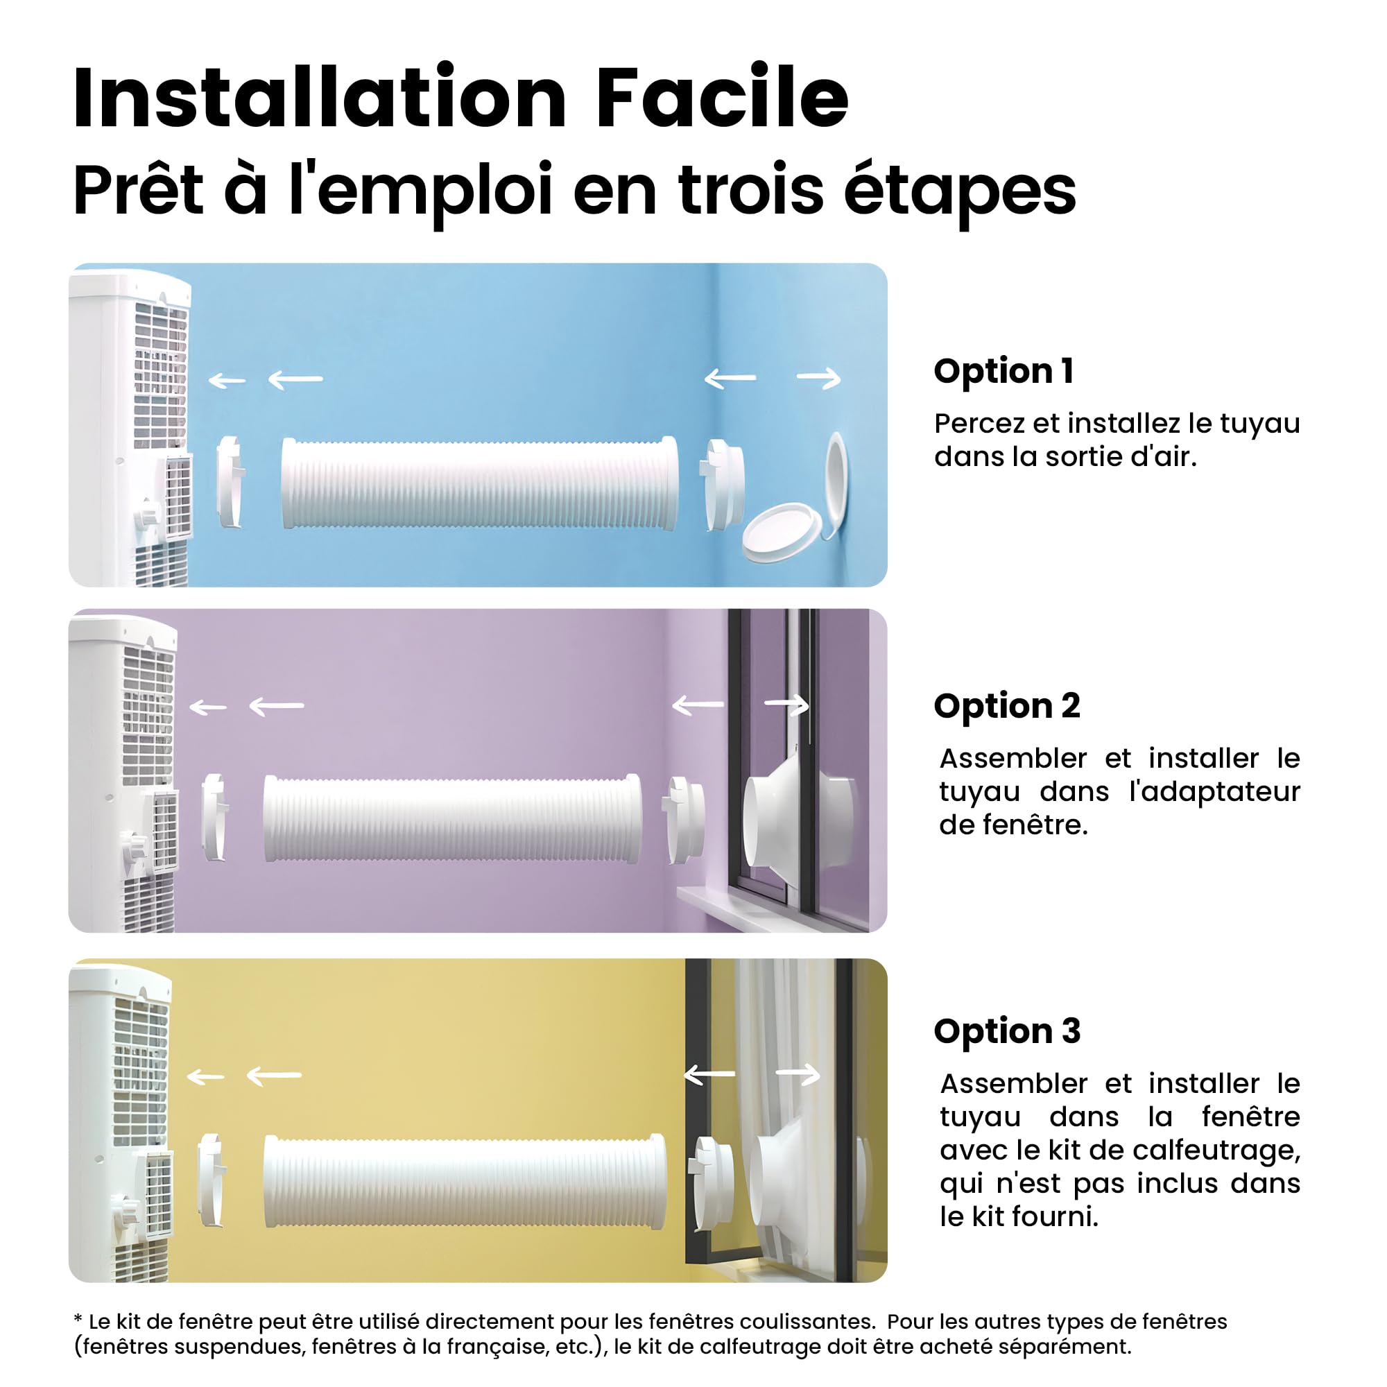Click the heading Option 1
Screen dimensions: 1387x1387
coord(1003,371)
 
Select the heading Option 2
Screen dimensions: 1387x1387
coord(1006,706)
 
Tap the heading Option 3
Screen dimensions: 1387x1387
coord(1007,1031)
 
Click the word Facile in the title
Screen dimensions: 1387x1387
coord(722,98)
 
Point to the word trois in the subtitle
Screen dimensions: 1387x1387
coord(751,189)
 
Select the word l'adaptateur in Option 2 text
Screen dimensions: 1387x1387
coord(1215,791)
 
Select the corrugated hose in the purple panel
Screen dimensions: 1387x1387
coord(452,818)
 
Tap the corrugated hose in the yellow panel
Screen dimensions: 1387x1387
coord(465,1181)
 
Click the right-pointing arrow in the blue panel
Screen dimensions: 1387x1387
coord(819,379)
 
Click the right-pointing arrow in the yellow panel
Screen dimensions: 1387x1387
coord(798,1074)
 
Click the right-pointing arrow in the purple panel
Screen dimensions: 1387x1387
coord(787,706)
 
